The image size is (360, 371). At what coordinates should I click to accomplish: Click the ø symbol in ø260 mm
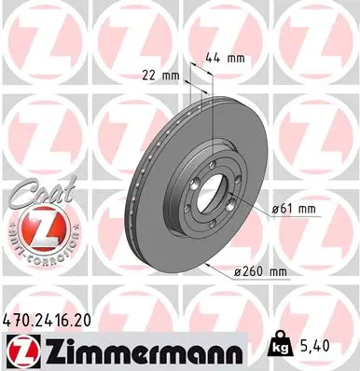click(x=240, y=272)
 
